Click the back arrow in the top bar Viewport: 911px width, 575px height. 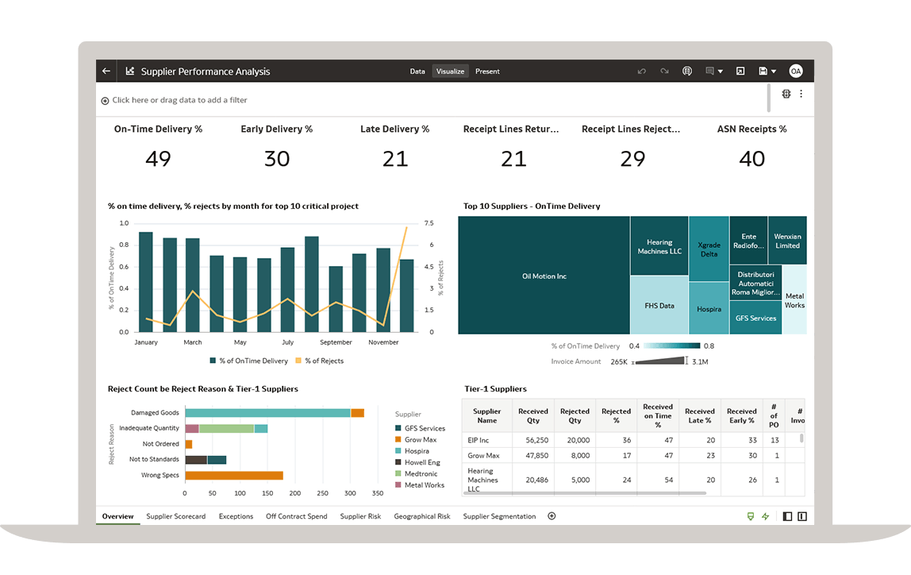(x=106, y=71)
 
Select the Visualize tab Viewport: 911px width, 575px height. (x=450, y=71)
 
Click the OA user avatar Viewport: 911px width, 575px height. (x=795, y=71)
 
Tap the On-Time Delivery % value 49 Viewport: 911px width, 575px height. (x=158, y=159)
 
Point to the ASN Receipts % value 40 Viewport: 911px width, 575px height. (x=751, y=159)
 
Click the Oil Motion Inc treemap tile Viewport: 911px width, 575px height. (x=544, y=276)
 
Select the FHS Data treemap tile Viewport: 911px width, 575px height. (x=659, y=305)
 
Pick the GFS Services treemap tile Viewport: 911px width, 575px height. (x=755, y=318)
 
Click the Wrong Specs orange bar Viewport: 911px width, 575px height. (x=234, y=475)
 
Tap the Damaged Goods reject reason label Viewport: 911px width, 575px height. (x=156, y=413)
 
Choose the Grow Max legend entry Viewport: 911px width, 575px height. (x=420, y=439)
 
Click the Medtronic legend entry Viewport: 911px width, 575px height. (x=420, y=473)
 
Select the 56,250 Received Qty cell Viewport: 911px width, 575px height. (x=532, y=440)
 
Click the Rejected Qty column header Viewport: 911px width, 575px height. (x=575, y=415)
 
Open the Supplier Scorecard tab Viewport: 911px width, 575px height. (x=175, y=516)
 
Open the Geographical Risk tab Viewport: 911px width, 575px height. (x=421, y=516)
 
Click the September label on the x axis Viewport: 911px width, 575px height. (x=336, y=342)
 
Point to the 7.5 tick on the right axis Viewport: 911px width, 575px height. (x=429, y=223)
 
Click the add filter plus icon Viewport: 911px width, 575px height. (x=105, y=101)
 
